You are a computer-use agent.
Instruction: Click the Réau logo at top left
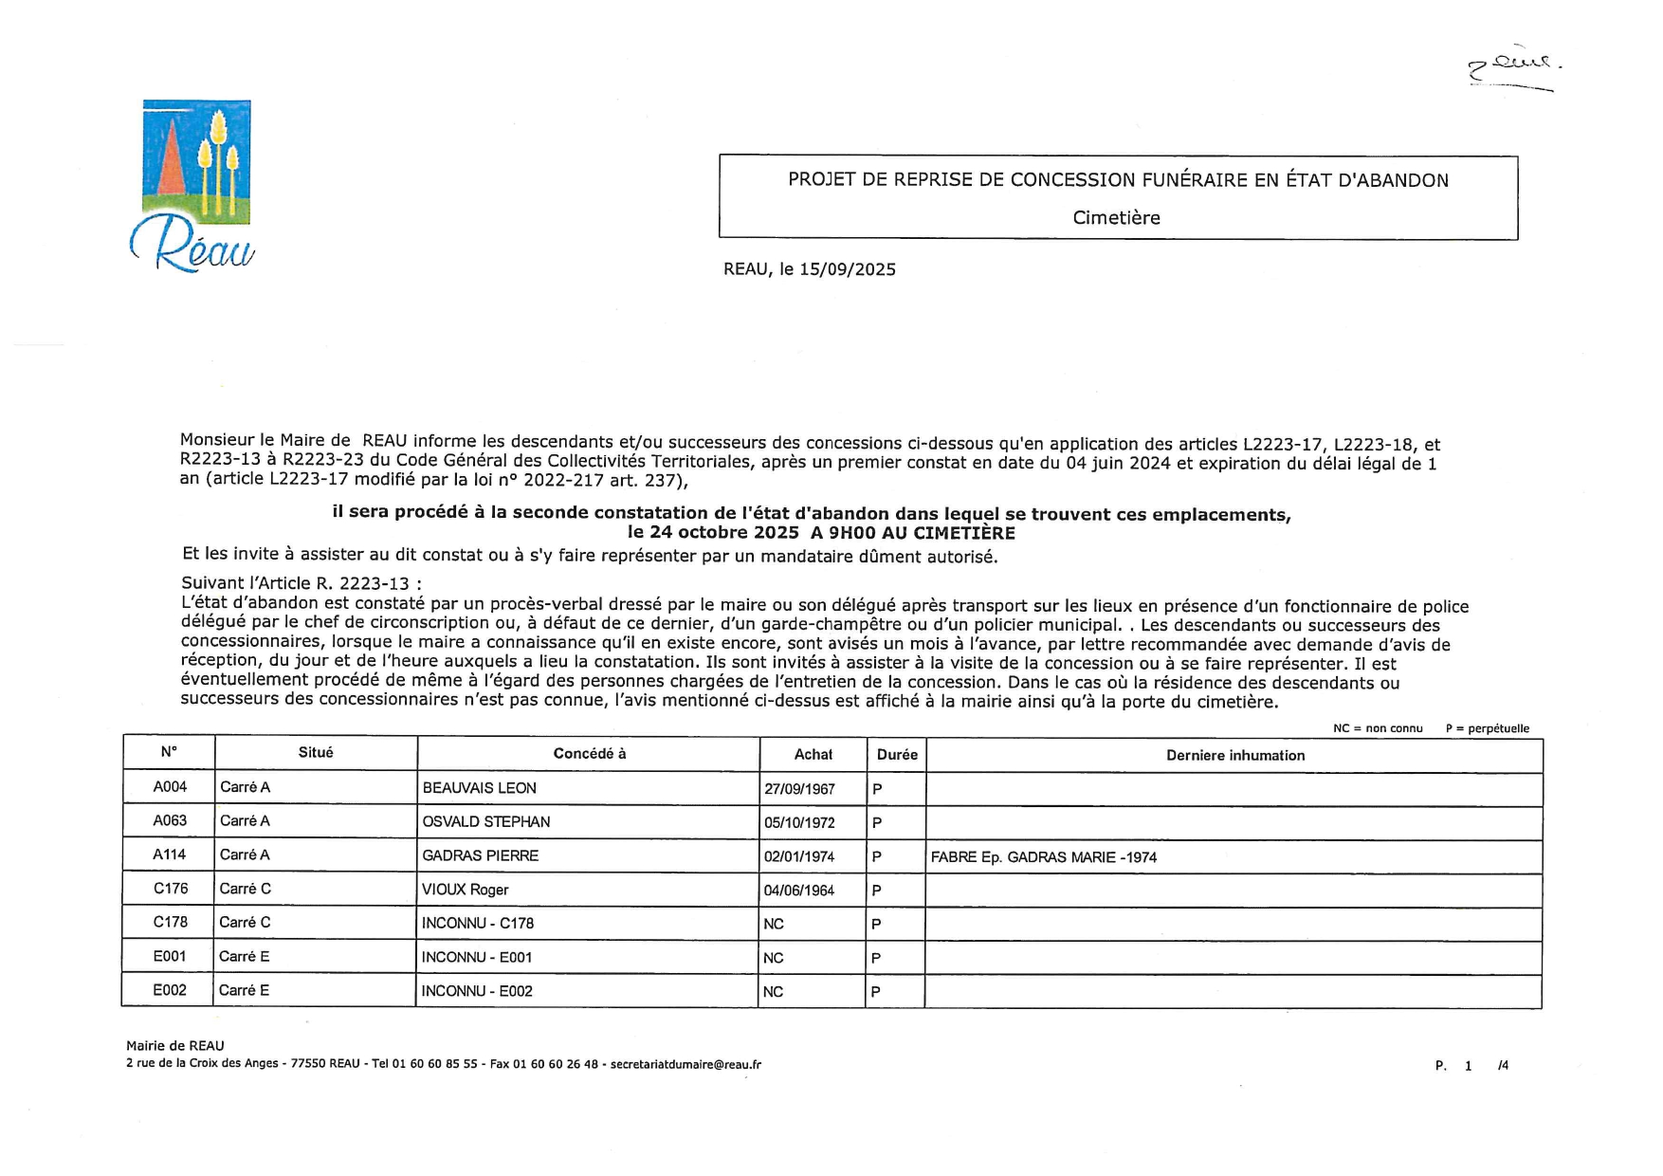coord(193,186)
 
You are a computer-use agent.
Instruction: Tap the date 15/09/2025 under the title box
coord(847,269)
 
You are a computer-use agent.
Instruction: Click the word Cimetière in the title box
coord(1116,218)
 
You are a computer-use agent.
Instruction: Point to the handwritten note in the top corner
coord(1513,68)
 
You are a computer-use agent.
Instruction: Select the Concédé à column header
coord(589,754)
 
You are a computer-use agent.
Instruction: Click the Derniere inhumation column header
coord(1234,756)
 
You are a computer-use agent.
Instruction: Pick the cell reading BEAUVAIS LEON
coord(479,788)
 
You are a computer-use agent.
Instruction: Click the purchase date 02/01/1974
coord(799,856)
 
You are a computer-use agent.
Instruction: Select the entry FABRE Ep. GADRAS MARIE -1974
coord(1043,857)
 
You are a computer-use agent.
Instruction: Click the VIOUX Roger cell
coord(465,890)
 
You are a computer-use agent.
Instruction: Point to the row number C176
coord(171,889)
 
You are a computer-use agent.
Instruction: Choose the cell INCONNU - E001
coord(476,958)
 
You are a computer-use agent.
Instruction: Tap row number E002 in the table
coord(170,990)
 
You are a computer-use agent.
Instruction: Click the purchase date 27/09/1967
coord(799,789)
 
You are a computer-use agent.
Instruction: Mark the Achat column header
coord(813,755)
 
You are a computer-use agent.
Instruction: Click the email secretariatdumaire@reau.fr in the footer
coord(685,1064)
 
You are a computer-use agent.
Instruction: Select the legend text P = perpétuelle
coord(1487,728)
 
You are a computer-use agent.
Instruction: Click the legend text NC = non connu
coord(1377,728)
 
